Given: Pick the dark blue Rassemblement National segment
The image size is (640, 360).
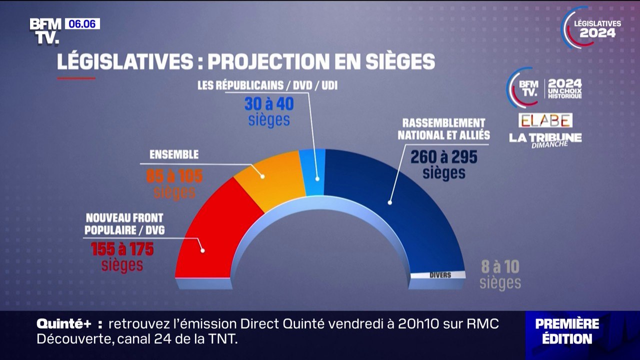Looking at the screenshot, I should point(400,210).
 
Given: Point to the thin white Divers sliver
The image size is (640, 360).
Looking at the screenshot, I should point(438,274).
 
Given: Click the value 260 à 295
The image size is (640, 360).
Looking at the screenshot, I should point(443,157).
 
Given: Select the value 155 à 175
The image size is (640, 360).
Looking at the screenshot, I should point(122,249).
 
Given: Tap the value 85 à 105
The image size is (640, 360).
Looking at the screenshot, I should point(174,176).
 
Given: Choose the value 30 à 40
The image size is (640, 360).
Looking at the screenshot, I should point(268,104).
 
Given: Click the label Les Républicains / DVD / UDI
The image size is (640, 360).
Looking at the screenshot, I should point(267,86).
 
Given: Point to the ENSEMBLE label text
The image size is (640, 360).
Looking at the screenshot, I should point(174,155).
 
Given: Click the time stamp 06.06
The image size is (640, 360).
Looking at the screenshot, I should point(82,24).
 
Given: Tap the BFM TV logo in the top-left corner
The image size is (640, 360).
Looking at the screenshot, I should point(45,31).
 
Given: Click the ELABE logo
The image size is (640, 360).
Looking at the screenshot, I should point(545,120).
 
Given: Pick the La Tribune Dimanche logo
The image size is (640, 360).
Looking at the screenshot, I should point(545,139).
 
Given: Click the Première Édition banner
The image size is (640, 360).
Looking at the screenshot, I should point(567,331).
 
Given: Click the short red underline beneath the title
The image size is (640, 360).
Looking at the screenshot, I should point(76,78).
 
